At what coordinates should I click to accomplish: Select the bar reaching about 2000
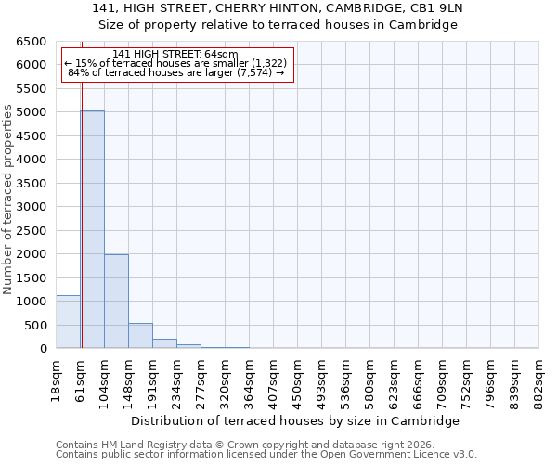tap(116, 302)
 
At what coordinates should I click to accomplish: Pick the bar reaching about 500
tap(140, 336)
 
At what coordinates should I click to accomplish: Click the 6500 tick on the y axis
tap(32, 42)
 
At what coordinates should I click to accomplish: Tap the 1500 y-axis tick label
tap(32, 277)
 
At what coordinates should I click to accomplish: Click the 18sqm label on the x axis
tap(57, 379)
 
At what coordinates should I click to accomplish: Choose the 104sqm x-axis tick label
tap(105, 379)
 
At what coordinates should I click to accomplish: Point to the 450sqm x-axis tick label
tap(298, 379)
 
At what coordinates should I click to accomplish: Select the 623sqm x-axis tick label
tap(395, 379)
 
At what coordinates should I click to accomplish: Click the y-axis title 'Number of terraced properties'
tap(8, 199)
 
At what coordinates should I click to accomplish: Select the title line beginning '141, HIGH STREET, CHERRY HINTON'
tap(278, 8)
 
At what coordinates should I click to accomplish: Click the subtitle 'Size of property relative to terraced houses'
tap(278, 25)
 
